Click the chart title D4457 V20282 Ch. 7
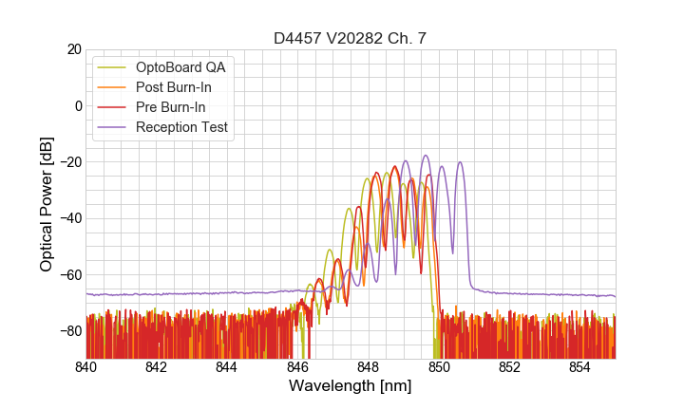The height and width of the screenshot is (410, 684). pos(351,38)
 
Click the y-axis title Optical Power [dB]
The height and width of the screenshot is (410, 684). pos(47,203)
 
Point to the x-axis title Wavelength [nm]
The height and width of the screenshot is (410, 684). pos(351,386)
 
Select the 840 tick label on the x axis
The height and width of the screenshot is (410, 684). pos(86,366)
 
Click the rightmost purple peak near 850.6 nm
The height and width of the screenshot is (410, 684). pos(461,162)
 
